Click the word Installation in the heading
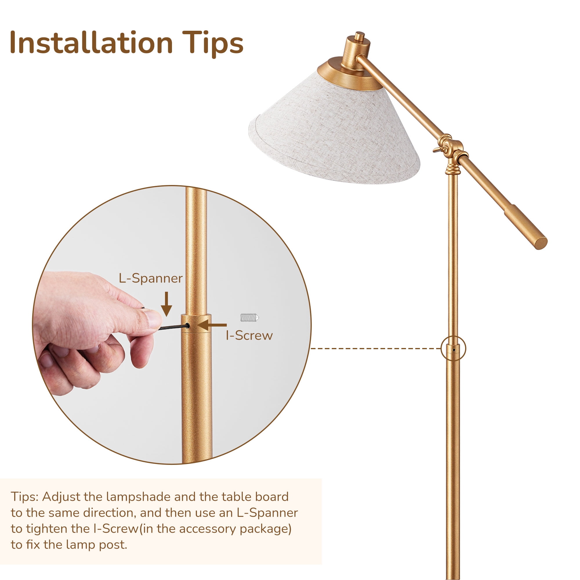[91, 43]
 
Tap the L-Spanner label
[151, 278]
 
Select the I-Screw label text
[249, 335]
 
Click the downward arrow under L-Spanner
[166, 304]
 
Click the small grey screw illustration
[249, 317]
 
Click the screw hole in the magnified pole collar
[187, 325]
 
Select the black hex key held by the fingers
[172, 327]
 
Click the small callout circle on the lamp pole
[454, 349]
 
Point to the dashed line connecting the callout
[376, 349]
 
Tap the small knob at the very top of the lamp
[359, 36]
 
